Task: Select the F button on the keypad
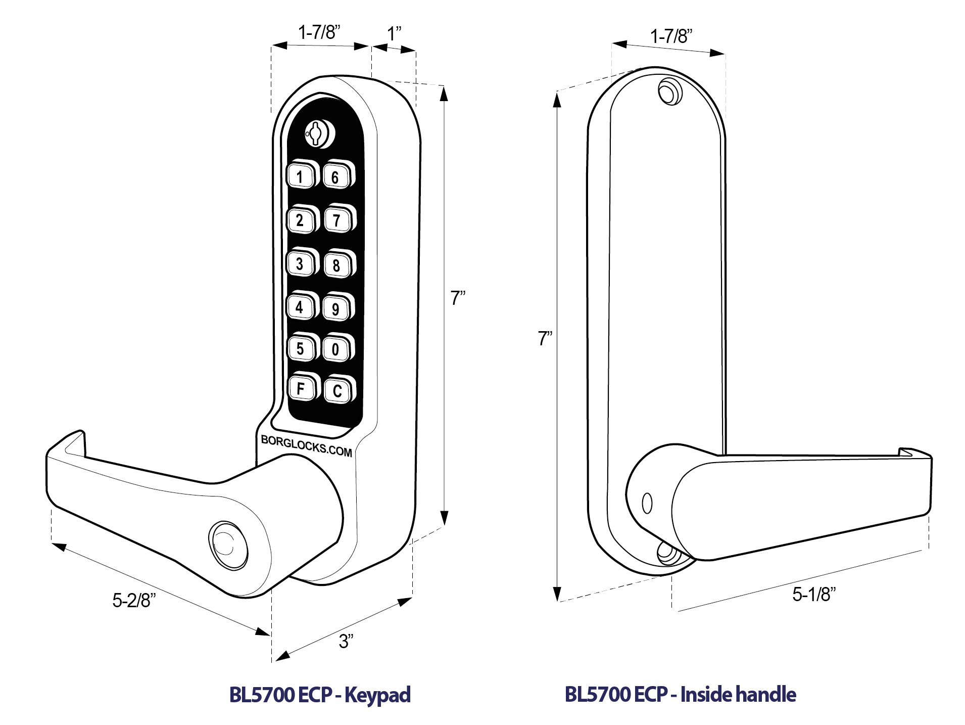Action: (301, 388)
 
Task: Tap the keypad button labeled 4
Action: (300, 307)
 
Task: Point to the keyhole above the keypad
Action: (317, 133)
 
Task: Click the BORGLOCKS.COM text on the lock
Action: (306, 446)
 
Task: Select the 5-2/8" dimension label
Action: (134, 600)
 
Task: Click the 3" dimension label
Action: (346, 641)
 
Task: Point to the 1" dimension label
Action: (394, 34)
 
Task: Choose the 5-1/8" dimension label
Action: (814, 594)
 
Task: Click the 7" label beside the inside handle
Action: (545, 338)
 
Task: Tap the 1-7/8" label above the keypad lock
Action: (319, 32)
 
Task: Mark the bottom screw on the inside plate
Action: (669, 553)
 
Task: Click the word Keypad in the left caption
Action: (377, 695)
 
